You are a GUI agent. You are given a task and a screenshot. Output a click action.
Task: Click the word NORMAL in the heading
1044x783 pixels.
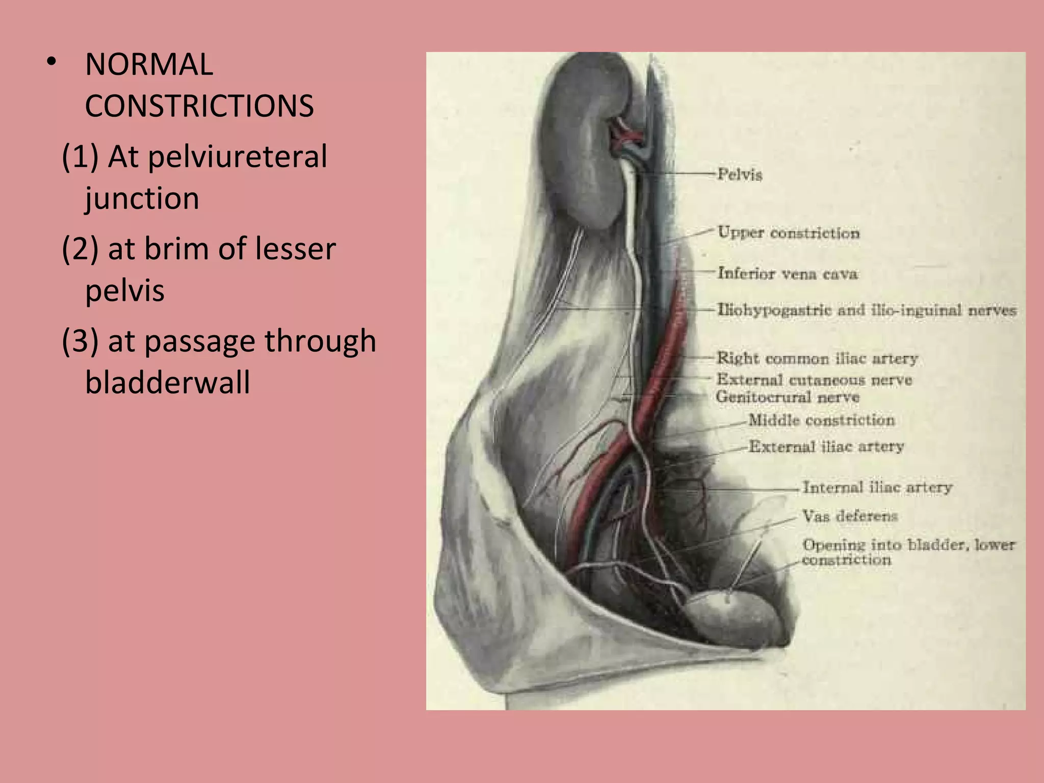(149, 65)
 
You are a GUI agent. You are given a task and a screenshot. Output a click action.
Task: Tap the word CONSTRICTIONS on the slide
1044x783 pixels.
(199, 107)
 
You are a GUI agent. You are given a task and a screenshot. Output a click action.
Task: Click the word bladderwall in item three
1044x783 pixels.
(167, 383)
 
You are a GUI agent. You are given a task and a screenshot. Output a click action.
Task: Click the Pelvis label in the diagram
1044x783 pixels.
(740, 175)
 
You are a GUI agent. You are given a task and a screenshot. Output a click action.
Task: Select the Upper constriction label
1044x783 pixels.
(789, 233)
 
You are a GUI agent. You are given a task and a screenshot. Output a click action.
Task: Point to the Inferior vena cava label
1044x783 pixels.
(788, 274)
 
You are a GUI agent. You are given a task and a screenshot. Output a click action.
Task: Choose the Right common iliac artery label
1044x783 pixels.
(817, 358)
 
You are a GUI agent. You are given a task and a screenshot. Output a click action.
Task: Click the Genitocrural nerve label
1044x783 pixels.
(788, 397)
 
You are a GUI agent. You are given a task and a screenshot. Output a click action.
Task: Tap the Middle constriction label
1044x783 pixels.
(821, 421)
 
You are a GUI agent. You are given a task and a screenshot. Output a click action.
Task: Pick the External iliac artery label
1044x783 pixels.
(826, 447)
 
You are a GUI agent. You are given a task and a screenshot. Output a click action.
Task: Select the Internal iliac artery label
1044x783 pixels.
(877, 488)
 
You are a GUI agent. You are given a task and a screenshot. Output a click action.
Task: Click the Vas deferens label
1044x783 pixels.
(850, 516)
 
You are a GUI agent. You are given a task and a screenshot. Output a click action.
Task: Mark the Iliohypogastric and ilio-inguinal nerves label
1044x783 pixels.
(867, 310)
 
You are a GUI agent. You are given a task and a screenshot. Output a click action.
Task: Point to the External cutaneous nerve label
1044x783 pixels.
(814, 380)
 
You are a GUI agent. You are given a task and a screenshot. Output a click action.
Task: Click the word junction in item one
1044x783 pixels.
(142, 198)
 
